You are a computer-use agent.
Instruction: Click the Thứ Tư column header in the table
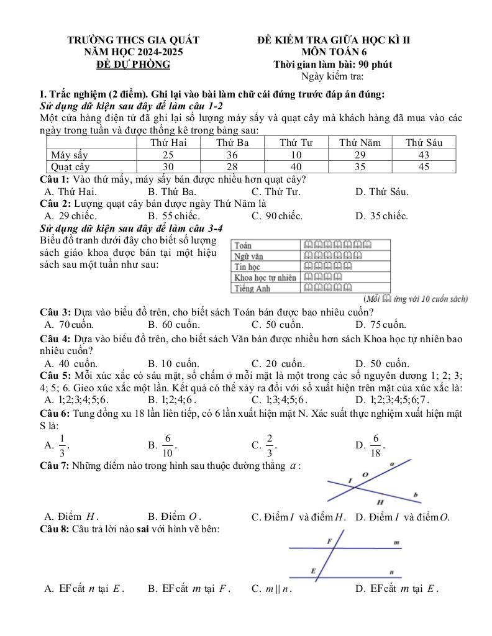296,142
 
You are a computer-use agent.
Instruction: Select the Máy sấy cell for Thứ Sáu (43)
424,155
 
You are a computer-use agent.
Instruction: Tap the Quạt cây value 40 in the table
296,166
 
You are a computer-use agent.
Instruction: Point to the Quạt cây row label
70,166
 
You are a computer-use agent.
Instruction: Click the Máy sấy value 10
296,155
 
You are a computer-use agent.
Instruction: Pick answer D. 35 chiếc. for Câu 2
381,216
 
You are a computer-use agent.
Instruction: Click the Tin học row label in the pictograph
247,266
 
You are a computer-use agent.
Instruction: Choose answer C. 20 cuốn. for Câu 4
278,363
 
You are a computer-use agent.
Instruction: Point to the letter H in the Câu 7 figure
380,501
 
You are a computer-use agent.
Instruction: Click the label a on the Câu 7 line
392,463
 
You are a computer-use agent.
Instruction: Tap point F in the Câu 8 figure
329,542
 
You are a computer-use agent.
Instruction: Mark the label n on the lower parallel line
391,571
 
